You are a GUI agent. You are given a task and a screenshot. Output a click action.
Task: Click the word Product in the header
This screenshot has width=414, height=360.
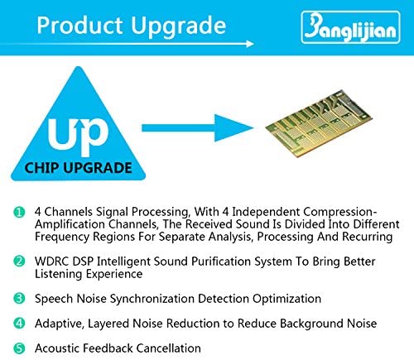click(79, 26)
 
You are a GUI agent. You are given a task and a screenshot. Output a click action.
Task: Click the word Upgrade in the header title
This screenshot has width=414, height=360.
click(178, 27)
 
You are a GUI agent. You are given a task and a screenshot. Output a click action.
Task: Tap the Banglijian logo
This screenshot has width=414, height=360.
click(350, 27)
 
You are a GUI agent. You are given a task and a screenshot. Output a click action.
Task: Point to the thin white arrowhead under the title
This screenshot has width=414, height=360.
click(250, 44)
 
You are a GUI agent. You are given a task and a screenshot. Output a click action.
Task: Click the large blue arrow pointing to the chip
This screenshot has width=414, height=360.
click(198, 128)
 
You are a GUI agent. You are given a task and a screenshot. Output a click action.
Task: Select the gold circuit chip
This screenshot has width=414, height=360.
click(319, 123)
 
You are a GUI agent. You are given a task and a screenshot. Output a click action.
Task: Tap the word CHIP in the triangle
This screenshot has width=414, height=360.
click(41, 168)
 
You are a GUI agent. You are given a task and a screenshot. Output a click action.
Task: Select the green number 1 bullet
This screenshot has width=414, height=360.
click(19, 212)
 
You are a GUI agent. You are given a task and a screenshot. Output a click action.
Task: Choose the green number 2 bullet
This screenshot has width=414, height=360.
click(19, 261)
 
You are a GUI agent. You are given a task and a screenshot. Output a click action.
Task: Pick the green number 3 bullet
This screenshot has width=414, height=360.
click(19, 298)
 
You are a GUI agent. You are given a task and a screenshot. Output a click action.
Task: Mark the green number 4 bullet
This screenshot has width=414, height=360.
click(19, 323)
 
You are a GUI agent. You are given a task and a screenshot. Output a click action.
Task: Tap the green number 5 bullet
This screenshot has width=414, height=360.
click(19, 348)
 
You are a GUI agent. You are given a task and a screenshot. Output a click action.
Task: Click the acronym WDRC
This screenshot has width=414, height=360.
click(51, 262)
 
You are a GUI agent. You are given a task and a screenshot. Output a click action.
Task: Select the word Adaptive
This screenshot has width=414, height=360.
click(59, 324)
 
